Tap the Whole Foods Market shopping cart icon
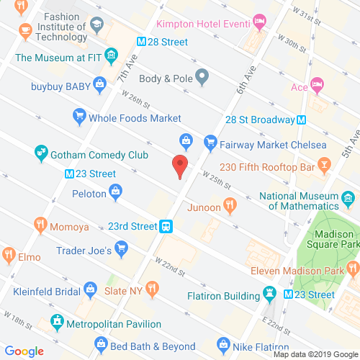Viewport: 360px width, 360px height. click(79, 115)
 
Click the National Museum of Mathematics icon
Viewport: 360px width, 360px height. click(348, 197)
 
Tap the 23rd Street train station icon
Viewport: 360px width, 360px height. click(166, 226)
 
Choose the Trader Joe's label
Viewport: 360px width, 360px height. click(84, 251)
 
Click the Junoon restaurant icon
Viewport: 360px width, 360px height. click(230, 206)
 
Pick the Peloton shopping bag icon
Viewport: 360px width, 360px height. click(115, 192)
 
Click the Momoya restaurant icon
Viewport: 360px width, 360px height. click(40, 226)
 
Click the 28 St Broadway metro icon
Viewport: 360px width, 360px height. click(302, 120)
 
